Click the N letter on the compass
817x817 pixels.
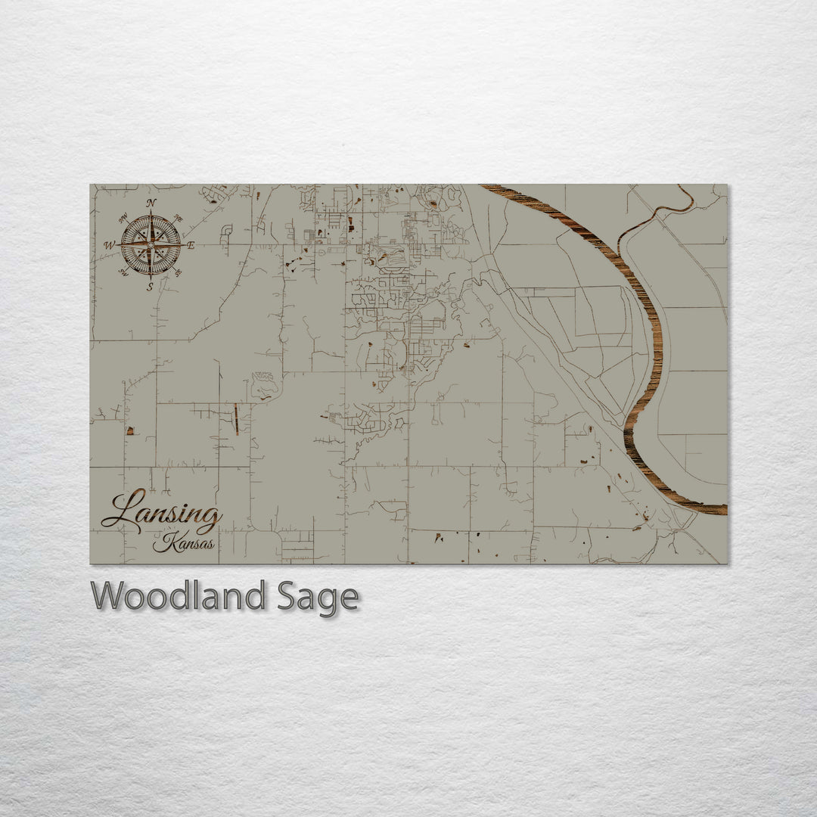coord(151,203)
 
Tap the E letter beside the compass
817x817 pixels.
coord(191,245)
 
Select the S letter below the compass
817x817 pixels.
coord(150,287)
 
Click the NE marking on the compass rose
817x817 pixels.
coord(178,219)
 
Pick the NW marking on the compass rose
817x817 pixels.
coord(123,219)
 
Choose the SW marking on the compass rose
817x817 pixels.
coord(123,272)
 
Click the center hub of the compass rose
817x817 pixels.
coord(151,245)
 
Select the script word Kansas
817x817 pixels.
coord(183,543)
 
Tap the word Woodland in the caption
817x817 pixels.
coord(179,596)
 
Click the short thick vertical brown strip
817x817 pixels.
coord(236,419)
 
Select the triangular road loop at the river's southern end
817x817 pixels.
coord(685,522)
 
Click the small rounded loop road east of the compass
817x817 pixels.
coord(226,230)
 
